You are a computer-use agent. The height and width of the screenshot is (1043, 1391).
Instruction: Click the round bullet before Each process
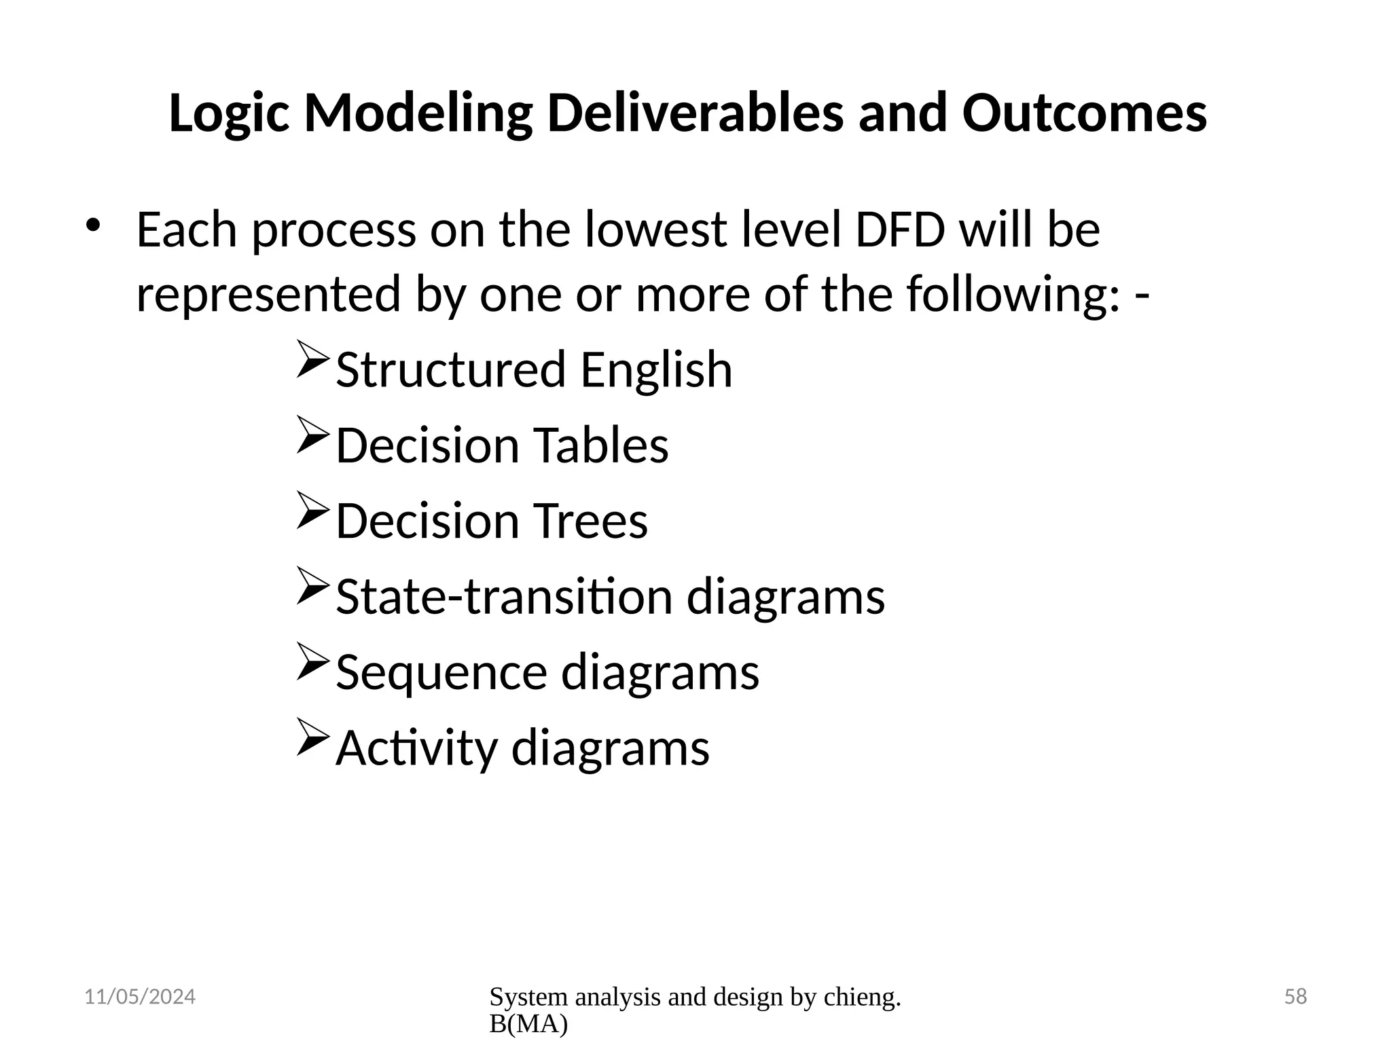[93, 225]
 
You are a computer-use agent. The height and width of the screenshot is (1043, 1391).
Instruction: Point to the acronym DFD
[899, 230]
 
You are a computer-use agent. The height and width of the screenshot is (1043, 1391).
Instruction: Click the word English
[656, 370]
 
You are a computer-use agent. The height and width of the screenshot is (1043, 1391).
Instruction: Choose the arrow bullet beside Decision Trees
[313, 511]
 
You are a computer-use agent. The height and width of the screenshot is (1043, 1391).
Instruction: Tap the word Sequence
[441, 672]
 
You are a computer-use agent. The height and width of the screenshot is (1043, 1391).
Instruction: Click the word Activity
[416, 748]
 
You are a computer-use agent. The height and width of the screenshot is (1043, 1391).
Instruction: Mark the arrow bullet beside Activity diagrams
[313, 738]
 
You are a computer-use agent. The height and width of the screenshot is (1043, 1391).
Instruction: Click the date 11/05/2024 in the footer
[139, 997]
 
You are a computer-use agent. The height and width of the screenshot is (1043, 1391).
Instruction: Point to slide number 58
[1295, 997]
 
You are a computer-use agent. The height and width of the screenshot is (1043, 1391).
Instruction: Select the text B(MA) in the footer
[528, 1024]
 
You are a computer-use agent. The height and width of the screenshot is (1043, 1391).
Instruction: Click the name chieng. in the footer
[862, 997]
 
